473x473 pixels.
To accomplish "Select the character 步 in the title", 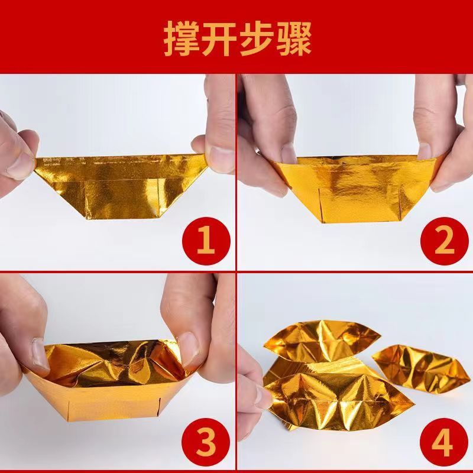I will pyautogui.click(x=255, y=38).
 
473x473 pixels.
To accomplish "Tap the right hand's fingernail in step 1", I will pyautogui.click(x=221, y=157).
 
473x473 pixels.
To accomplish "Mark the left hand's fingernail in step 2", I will pyautogui.click(x=288, y=155).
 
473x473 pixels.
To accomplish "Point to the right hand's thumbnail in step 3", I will pyautogui.click(x=187, y=346).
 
